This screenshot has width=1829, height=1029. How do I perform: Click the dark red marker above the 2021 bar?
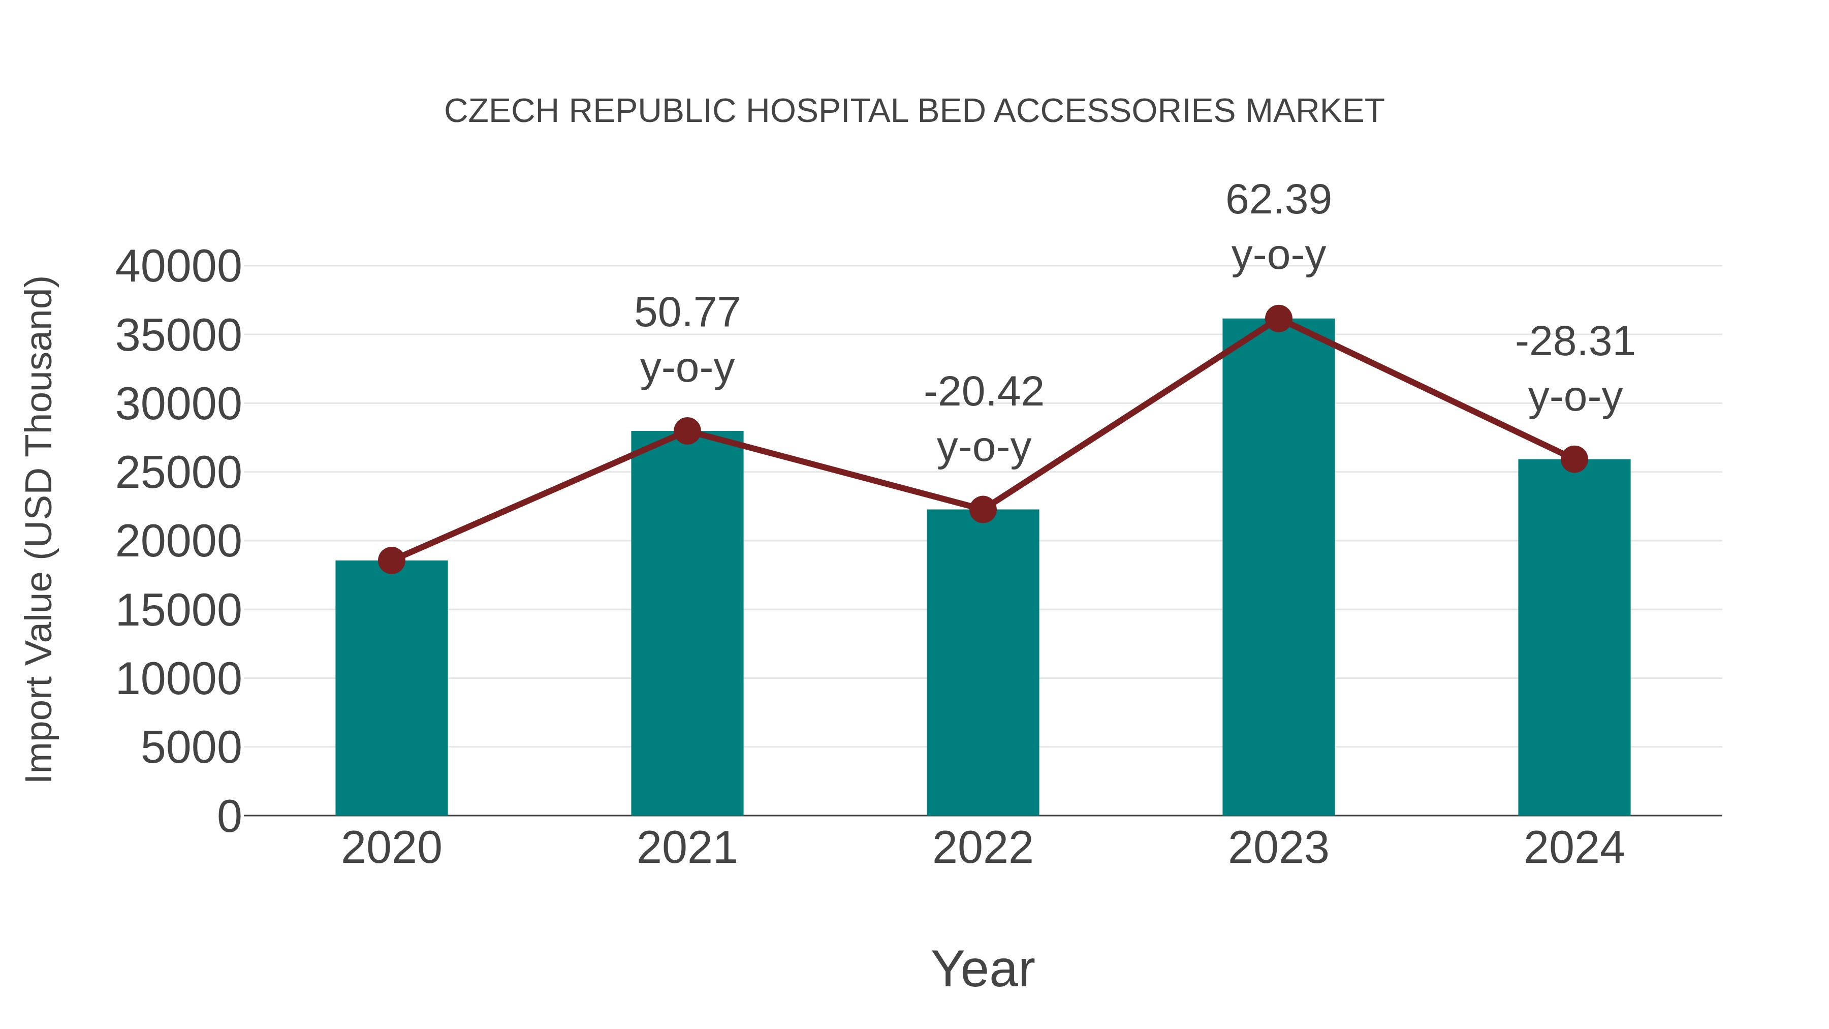click(x=686, y=431)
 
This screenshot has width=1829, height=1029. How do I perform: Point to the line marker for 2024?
click(x=1574, y=459)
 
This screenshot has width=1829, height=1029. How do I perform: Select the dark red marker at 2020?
click(x=391, y=560)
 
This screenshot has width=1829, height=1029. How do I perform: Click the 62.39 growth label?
click(x=1278, y=200)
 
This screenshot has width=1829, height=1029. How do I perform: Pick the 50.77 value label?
click(x=686, y=313)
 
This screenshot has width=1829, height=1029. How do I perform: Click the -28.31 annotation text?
click(x=1575, y=342)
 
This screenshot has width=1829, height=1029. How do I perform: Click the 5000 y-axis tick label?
click(x=191, y=748)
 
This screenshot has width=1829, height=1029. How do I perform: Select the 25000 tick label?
click(x=178, y=473)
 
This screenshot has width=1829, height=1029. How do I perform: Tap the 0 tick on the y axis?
click(x=229, y=817)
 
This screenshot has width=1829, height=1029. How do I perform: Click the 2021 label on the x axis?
click(x=686, y=848)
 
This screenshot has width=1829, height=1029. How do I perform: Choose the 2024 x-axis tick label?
click(x=1574, y=848)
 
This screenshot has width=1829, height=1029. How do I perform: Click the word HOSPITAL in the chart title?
click(x=827, y=111)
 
